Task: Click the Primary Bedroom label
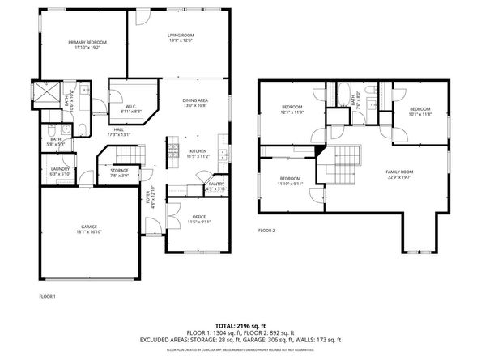point(87,45)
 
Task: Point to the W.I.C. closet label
point(130,108)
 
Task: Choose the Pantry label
point(217,186)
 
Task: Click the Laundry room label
point(62,171)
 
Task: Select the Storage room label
point(120,173)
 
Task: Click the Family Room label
point(399,174)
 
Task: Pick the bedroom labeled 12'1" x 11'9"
point(292,110)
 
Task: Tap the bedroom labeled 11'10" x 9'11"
point(290,180)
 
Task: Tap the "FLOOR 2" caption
point(266,231)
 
